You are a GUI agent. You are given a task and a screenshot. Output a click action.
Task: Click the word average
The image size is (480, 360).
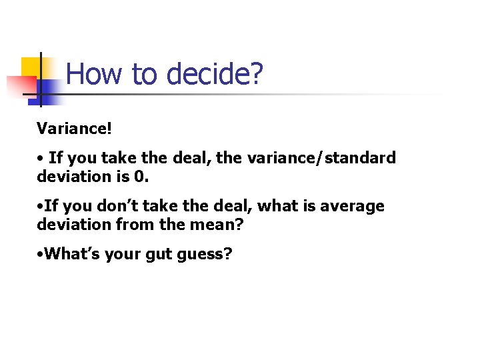tap(352, 206)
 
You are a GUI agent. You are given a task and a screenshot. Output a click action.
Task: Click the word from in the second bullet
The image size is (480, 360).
tap(133, 225)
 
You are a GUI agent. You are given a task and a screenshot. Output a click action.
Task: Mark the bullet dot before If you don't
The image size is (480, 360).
tap(40, 207)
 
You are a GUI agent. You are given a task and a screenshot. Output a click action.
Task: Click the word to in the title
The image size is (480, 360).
tap(142, 73)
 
